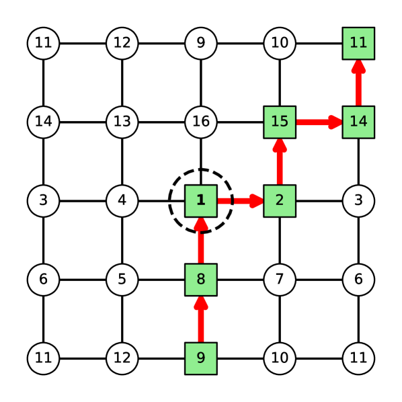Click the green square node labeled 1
coord(200,200)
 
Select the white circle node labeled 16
coord(200,122)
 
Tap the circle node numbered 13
coord(122,122)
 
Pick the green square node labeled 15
coord(279,122)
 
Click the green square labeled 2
coord(279,200)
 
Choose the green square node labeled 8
coord(200,279)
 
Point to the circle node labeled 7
coord(279,279)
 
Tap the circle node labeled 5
coord(122,279)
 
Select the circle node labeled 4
coord(122,200)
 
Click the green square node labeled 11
coord(358,43)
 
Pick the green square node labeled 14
coord(358,122)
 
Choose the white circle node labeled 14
coord(43,122)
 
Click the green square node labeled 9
coord(200,358)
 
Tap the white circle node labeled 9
coord(200,43)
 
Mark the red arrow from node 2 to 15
coord(279,161)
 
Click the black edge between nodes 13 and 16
coord(161,122)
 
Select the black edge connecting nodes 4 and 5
coord(122,239)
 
